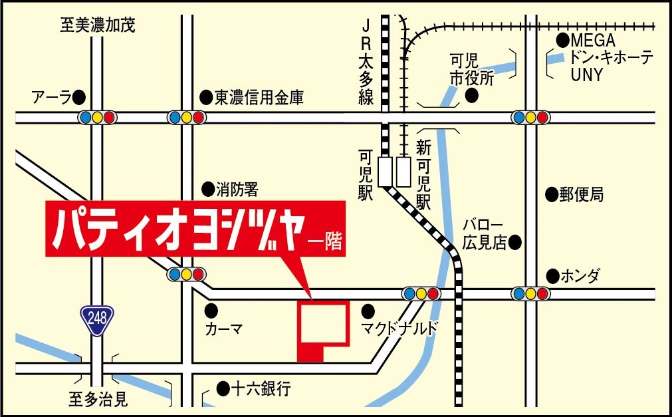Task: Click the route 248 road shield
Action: click(x=98, y=320)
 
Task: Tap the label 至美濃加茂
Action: click(x=98, y=26)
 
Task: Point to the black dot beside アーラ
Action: click(x=80, y=97)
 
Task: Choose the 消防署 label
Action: click(x=237, y=190)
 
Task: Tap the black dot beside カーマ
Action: click(x=211, y=309)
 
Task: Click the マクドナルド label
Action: click(x=399, y=328)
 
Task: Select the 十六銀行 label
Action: click(x=261, y=388)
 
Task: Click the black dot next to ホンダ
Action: click(x=552, y=275)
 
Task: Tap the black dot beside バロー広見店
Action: click(x=514, y=243)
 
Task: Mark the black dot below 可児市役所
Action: click(x=472, y=96)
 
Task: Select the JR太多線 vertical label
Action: click(x=366, y=63)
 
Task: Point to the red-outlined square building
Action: click(x=322, y=324)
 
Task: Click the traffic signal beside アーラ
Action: click(x=97, y=118)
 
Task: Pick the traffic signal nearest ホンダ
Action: click(x=530, y=293)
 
